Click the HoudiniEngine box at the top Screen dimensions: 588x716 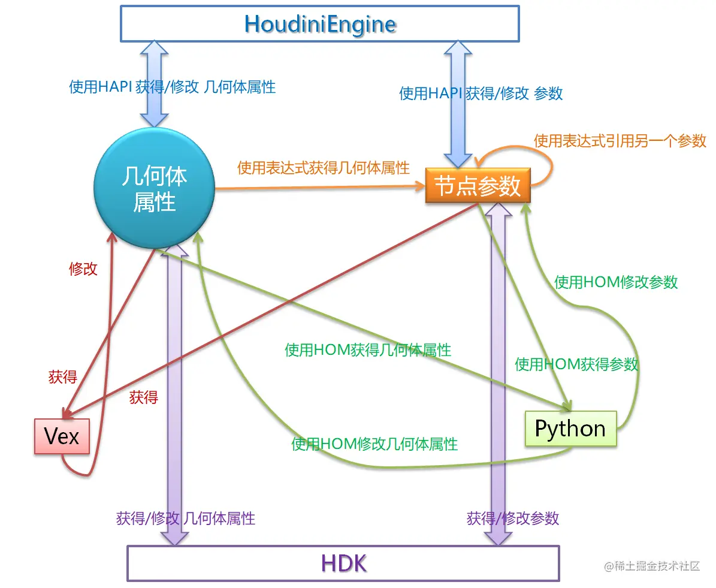point(320,24)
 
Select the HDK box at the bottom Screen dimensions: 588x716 point(343,563)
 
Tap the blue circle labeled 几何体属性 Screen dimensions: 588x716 point(155,188)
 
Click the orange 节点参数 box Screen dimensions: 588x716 point(478,186)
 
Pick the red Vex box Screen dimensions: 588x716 point(62,436)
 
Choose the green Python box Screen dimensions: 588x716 point(570,429)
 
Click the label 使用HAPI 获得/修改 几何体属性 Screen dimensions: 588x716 point(173,87)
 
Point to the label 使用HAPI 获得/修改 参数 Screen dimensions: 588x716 point(481,93)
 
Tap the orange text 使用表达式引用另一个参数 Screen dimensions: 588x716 point(620,141)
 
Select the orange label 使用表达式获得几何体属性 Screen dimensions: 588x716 point(324,167)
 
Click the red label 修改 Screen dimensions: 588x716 point(83,269)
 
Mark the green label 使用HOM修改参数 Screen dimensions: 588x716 point(616,282)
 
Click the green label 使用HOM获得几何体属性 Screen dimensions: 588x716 point(368,349)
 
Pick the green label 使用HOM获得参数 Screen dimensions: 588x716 point(576,364)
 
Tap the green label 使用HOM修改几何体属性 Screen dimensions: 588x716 point(374,444)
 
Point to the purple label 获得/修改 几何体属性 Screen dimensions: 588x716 point(186,518)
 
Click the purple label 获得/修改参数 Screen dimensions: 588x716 point(513,518)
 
